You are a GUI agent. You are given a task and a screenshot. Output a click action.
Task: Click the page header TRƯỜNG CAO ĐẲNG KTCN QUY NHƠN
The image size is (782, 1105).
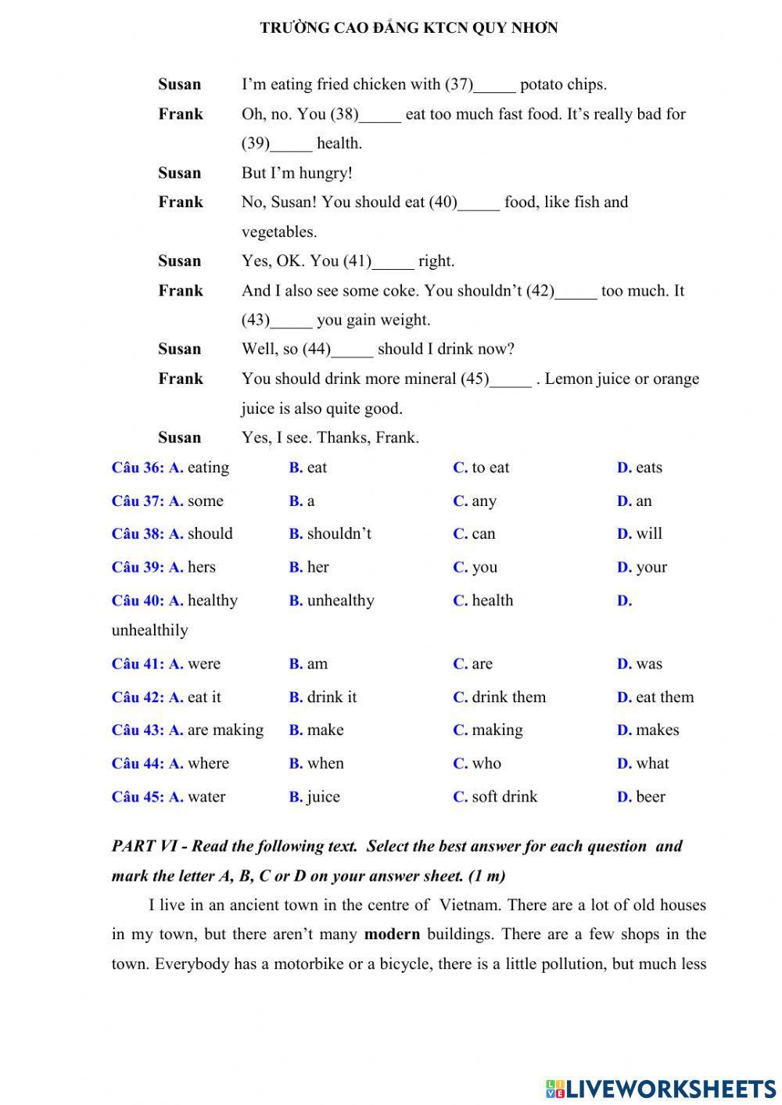coord(408,28)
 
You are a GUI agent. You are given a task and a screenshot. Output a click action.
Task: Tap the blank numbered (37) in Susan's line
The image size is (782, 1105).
coord(494,85)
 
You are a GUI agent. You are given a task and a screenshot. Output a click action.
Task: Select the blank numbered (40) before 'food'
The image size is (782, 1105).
coord(479,203)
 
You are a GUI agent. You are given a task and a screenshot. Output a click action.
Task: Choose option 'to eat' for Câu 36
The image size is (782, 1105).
coord(490,468)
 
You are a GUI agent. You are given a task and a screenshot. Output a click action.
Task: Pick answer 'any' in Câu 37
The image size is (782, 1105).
coord(483,501)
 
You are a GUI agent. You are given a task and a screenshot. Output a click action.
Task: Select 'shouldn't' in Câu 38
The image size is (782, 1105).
coord(339,534)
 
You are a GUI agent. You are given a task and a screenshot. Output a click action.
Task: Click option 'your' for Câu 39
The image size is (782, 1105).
coord(651,568)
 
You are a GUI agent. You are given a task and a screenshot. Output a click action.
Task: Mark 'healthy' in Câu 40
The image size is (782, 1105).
coord(212,601)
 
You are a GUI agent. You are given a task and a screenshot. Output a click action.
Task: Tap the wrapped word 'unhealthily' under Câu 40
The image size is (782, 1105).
coord(149,630)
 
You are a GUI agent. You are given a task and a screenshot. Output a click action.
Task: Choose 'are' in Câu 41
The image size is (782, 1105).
coord(482,664)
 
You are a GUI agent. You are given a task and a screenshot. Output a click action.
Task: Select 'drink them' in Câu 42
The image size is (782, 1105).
coord(508,698)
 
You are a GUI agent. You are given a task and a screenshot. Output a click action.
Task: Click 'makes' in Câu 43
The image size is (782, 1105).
coord(657,730)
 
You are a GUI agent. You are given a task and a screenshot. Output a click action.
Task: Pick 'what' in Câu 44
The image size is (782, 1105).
coord(652,764)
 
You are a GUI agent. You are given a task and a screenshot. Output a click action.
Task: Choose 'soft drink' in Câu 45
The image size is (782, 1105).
coord(504,797)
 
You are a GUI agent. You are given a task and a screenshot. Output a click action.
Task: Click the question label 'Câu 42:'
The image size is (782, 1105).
coord(138,698)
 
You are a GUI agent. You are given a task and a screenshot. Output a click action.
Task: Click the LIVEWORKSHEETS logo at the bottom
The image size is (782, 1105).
coord(661,1088)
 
